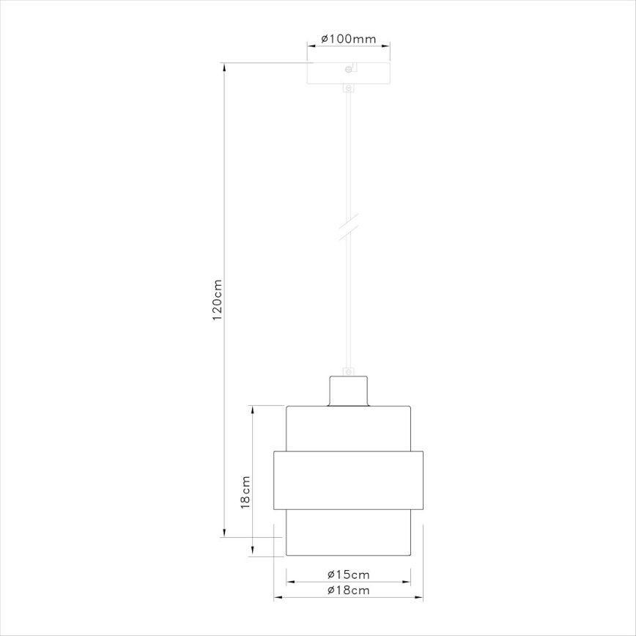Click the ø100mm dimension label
[348, 39]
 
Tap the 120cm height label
[217, 300]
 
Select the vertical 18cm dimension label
[246, 491]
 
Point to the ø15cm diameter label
[348, 574]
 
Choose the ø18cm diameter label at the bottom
[348, 590]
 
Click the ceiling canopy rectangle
[348, 75]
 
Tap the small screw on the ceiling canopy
[348, 70]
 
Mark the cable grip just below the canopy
[348, 90]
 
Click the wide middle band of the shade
[348, 480]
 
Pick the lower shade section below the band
[348, 533]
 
